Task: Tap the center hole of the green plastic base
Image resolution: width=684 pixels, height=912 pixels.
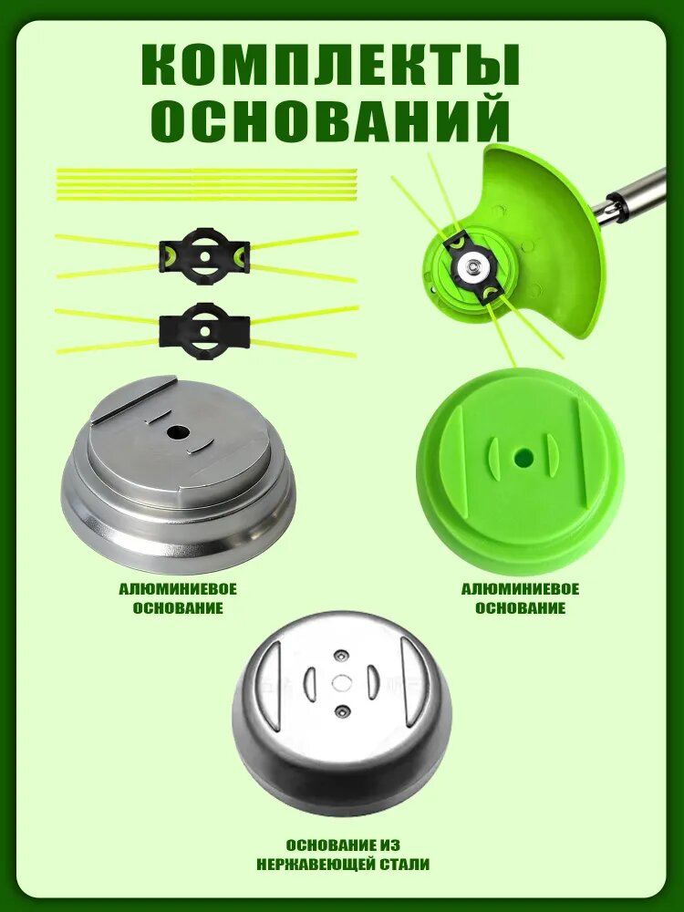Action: coord(523,458)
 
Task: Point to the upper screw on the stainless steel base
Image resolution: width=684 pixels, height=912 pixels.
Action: coord(341,656)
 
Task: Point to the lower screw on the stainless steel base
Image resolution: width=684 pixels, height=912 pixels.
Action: coord(341,710)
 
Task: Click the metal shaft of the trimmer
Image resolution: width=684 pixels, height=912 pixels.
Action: coord(632,199)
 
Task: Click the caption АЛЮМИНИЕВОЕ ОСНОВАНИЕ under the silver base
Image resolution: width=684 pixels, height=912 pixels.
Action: coord(178,599)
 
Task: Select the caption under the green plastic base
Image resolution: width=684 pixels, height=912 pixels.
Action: coord(521,599)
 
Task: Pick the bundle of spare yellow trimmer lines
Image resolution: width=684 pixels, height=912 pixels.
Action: coord(206,184)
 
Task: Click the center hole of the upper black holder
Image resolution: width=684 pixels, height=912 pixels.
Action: coord(204,256)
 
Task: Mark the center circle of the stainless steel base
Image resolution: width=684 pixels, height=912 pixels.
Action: coord(341,682)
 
